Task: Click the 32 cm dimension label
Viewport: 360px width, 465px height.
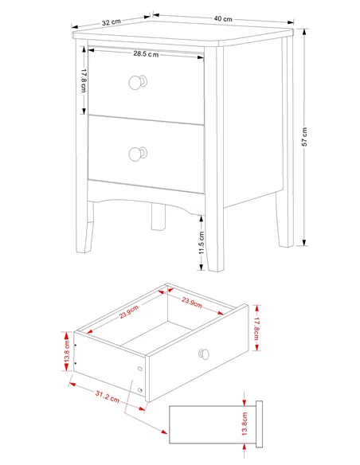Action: click(112, 22)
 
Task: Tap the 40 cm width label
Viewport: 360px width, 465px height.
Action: click(223, 18)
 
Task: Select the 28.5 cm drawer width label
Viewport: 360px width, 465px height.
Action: click(146, 54)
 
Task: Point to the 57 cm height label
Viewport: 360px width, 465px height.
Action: click(304, 137)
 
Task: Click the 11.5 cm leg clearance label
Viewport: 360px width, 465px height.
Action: click(202, 243)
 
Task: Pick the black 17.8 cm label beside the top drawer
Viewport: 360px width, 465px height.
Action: click(84, 80)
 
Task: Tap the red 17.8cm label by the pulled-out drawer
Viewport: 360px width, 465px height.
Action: click(256, 328)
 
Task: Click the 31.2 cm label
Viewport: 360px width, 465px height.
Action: click(108, 397)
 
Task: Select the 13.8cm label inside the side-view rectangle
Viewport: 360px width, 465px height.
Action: click(245, 424)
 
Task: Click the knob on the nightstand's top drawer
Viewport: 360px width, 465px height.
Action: click(138, 82)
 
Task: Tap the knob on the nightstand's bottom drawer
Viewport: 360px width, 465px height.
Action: click(138, 154)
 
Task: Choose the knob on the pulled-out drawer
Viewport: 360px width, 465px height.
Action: click(204, 354)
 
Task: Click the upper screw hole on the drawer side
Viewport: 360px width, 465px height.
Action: click(140, 369)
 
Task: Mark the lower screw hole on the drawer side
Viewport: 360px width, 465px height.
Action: click(140, 390)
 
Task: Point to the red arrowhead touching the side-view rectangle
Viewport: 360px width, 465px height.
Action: click(163, 432)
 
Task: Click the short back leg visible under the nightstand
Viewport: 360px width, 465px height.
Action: click(158, 217)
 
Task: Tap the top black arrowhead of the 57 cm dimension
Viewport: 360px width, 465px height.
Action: click(304, 31)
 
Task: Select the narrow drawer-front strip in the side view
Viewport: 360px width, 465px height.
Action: click(259, 424)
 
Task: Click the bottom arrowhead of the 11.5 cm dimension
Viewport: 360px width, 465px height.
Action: click(202, 268)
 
